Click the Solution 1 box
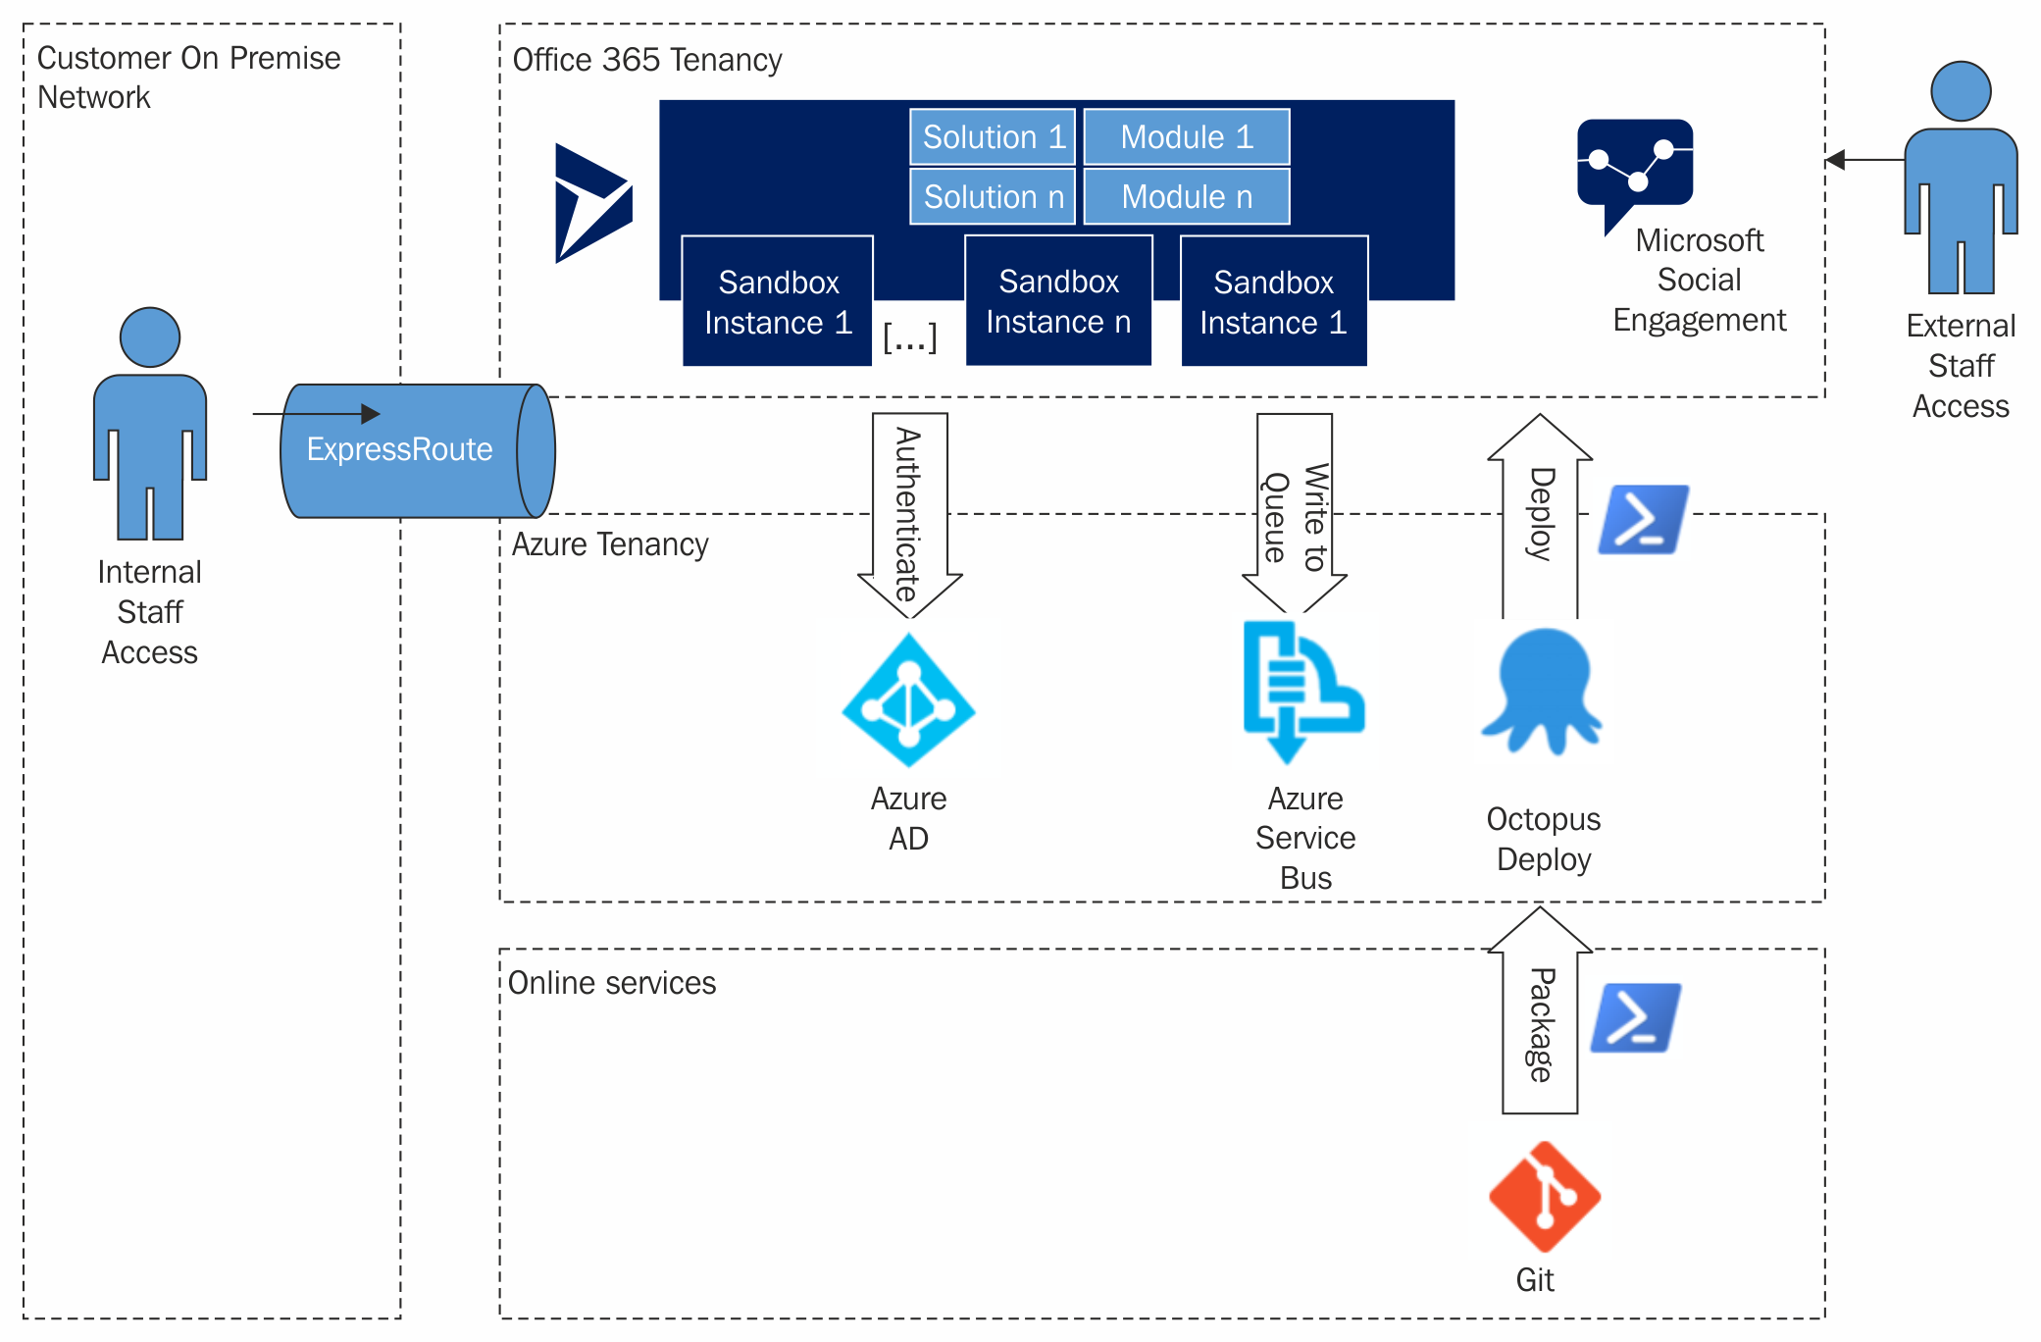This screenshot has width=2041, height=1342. [x=993, y=137]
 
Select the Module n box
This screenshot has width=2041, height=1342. [x=1186, y=197]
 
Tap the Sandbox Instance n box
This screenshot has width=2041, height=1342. [x=1058, y=301]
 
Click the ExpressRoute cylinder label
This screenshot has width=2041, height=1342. [x=399, y=449]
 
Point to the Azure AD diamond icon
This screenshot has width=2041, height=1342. [x=908, y=700]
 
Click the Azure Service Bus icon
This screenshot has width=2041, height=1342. [x=1301, y=692]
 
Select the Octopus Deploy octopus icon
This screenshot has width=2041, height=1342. [x=1541, y=693]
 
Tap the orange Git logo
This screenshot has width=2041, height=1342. [x=1544, y=1197]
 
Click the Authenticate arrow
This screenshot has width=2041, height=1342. [x=909, y=514]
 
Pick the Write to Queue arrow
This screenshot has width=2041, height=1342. [x=1294, y=514]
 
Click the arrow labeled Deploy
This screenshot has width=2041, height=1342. [x=1540, y=514]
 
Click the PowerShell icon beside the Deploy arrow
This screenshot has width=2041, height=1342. [x=1643, y=520]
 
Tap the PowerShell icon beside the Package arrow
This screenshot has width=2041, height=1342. [x=1635, y=1018]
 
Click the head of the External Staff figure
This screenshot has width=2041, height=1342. [x=1960, y=91]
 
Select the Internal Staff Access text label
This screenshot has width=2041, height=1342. [x=149, y=612]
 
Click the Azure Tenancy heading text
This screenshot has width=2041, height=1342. [x=609, y=544]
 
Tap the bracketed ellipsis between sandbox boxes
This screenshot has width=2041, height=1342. [x=909, y=337]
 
